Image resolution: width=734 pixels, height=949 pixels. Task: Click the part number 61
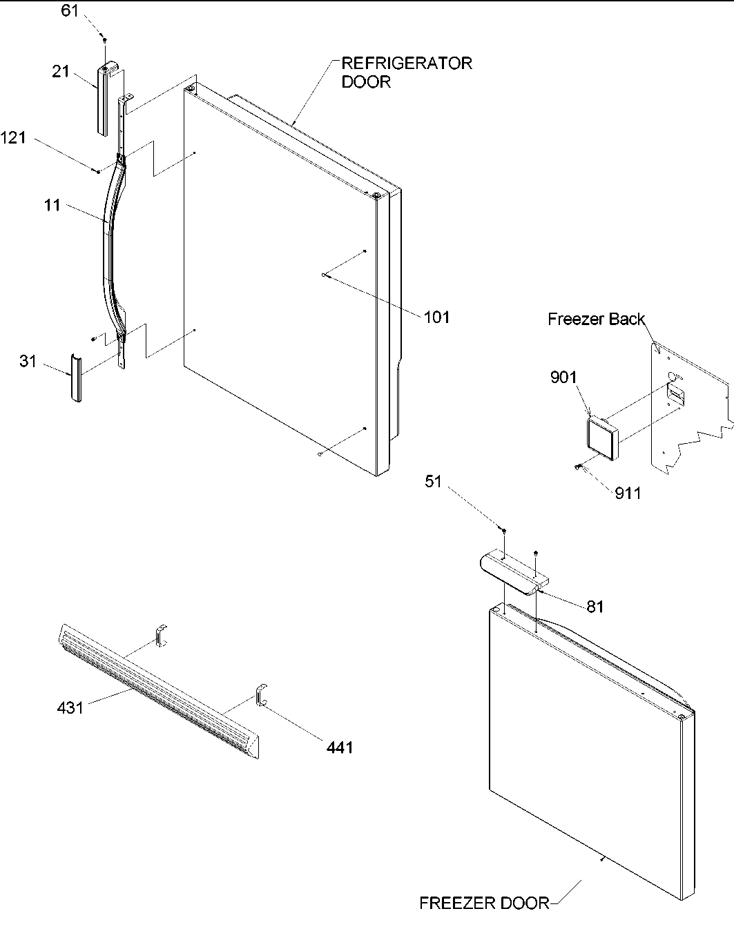[x=70, y=12]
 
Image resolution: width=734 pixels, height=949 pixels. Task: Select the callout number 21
[x=61, y=70]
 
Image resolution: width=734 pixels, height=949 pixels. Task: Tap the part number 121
[x=13, y=138]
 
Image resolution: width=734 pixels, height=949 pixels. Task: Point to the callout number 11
[x=52, y=205]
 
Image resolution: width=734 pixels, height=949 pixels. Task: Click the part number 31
[x=28, y=361]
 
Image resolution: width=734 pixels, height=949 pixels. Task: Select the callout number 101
[x=436, y=317]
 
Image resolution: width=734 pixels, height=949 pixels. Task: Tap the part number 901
[x=563, y=378]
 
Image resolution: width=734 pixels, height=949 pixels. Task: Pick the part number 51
[x=433, y=482]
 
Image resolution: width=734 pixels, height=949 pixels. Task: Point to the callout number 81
[x=595, y=607]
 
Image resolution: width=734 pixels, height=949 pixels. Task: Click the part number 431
[x=70, y=707]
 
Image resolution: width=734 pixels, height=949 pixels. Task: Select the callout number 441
[x=339, y=747]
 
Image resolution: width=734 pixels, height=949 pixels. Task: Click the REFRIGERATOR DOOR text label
[x=407, y=72]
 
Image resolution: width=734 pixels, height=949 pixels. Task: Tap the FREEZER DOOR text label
[x=484, y=903]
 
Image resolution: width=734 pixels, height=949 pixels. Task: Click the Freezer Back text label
[x=596, y=319]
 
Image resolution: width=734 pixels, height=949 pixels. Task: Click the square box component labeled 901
[x=601, y=439]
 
